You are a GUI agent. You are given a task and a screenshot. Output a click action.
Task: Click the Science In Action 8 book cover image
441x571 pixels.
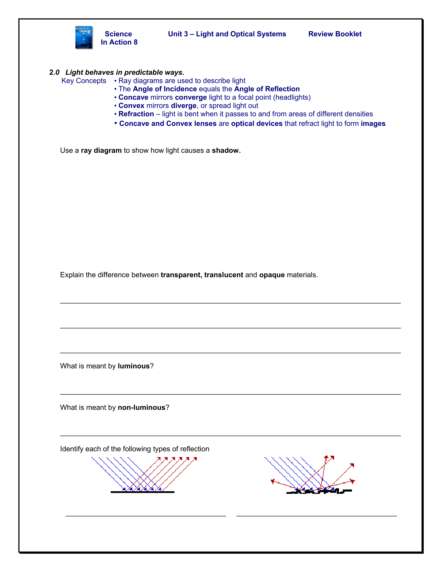[x=84, y=37]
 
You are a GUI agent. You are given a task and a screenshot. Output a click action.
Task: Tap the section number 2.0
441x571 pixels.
[x=54, y=72]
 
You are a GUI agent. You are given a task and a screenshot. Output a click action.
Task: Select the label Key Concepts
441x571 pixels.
[x=84, y=81]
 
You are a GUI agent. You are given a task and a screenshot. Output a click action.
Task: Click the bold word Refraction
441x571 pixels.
[x=136, y=114]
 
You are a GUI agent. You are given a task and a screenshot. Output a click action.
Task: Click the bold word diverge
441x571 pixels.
[x=183, y=106]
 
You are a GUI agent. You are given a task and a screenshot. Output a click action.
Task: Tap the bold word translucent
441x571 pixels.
[x=224, y=275]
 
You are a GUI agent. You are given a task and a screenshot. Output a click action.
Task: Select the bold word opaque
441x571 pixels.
[x=272, y=275]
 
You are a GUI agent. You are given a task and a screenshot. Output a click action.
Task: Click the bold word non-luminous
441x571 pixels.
[x=141, y=408]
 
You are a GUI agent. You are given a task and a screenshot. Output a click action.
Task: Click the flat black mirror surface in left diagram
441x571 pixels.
[x=142, y=492]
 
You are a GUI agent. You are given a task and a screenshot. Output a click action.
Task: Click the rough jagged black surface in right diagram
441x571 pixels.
[x=319, y=492]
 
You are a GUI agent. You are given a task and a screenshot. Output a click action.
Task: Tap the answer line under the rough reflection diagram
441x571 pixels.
[x=316, y=516]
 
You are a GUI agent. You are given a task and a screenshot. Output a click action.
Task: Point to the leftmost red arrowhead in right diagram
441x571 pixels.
[x=273, y=481]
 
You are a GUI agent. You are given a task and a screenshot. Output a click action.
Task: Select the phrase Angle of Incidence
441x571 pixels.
[x=165, y=89]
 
